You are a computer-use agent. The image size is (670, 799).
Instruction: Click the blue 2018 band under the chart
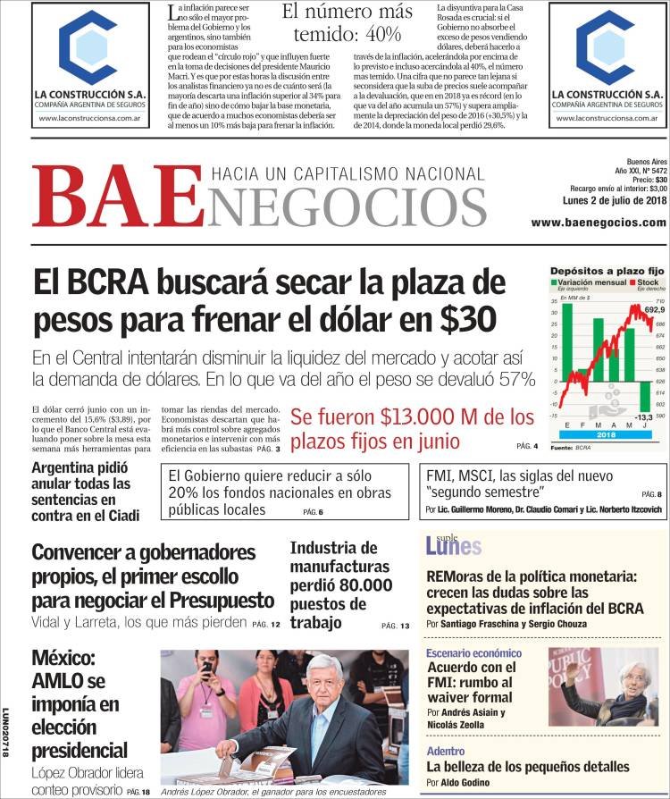[605, 433]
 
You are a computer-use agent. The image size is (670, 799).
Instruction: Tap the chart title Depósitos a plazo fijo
[607, 270]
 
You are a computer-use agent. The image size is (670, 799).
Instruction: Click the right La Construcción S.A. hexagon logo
[606, 48]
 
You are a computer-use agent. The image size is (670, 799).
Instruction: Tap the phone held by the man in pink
[207, 667]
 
